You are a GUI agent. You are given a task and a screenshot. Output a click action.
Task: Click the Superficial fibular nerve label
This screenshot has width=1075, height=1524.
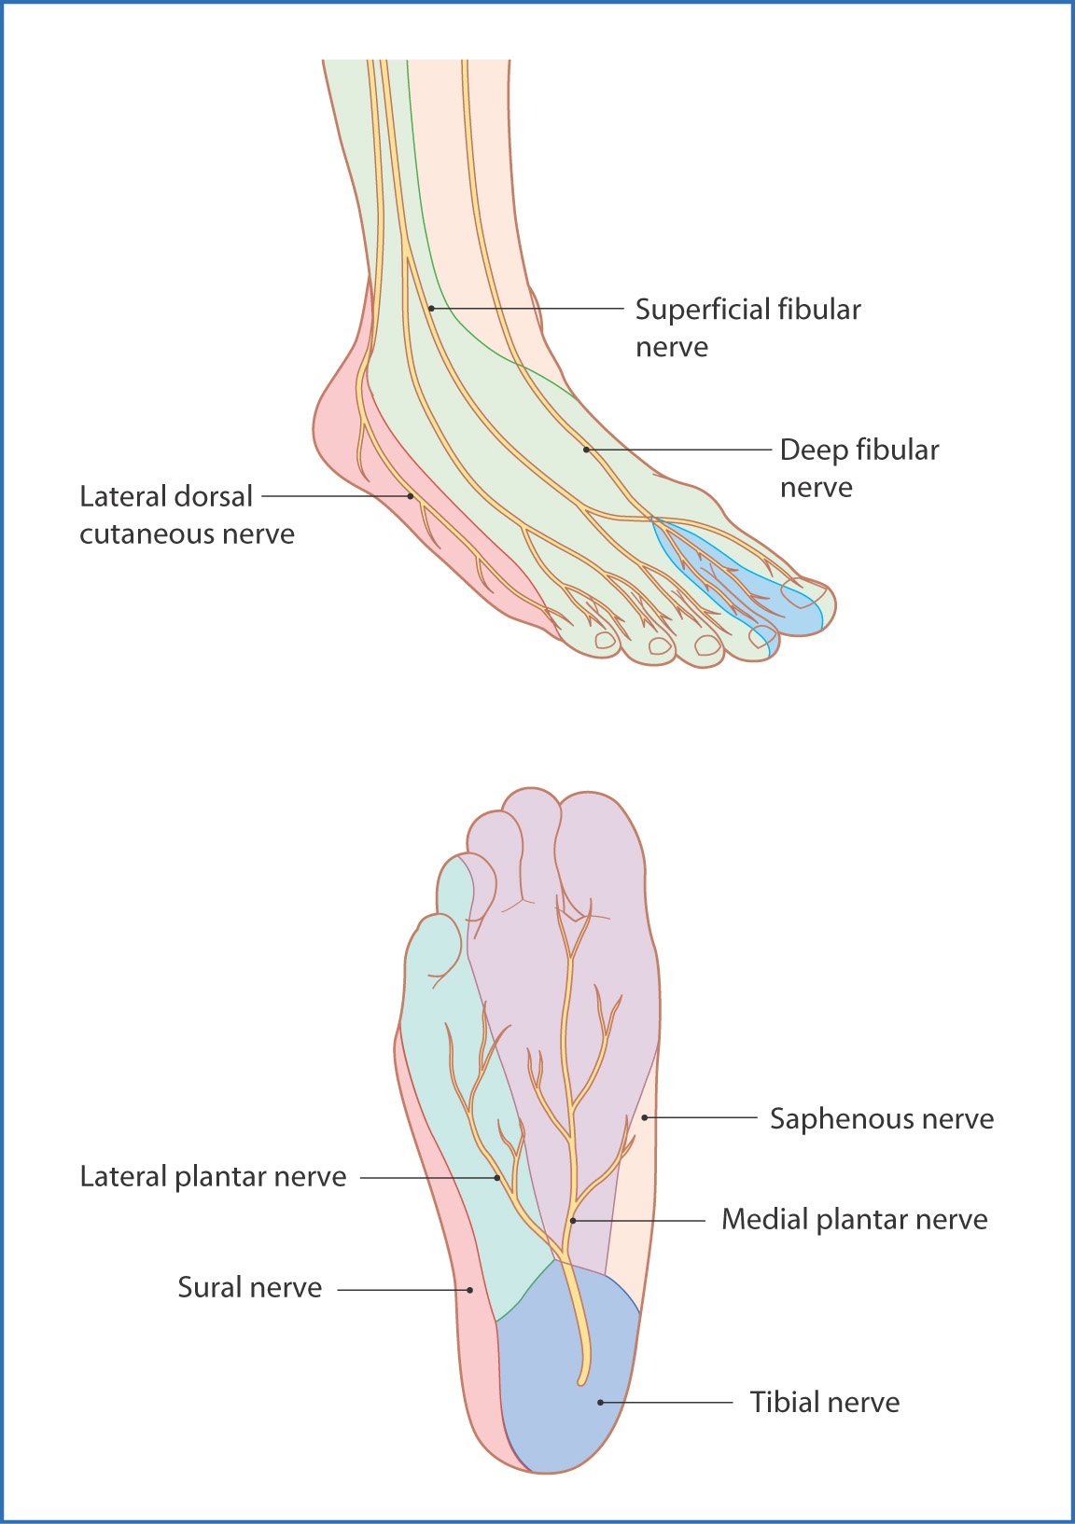(x=747, y=327)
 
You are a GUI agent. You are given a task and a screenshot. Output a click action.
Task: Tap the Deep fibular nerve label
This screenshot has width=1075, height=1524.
(x=859, y=468)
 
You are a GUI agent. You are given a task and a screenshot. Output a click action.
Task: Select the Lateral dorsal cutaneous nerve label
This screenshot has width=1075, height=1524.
(x=187, y=515)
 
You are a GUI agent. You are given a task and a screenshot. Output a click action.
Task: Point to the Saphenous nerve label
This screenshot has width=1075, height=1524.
(x=881, y=1118)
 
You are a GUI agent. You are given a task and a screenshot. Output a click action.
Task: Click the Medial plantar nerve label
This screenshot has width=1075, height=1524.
(x=854, y=1219)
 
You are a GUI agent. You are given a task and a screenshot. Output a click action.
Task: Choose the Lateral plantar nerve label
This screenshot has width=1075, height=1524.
(x=213, y=1176)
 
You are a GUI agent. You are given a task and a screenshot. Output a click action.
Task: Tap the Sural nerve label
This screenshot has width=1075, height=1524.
(x=249, y=1287)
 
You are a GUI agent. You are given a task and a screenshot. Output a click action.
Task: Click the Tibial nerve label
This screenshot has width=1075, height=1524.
(x=825, y=1402)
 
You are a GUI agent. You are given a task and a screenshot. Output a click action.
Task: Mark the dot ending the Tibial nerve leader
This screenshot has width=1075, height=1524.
(x=601, y=1402)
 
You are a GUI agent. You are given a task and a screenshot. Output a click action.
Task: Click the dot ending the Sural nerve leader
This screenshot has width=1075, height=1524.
(x=470, y=1290)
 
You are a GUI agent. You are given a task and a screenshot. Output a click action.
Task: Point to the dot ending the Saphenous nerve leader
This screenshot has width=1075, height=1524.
(x=645, y=1117)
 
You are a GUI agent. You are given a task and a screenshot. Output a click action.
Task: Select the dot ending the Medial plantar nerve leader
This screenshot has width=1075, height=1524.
(x=573, y=1220)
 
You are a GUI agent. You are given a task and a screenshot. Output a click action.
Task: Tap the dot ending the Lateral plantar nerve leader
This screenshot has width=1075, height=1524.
(x=497, y=1178)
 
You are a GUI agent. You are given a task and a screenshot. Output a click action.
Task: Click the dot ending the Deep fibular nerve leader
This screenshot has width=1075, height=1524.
(x=587, y=450)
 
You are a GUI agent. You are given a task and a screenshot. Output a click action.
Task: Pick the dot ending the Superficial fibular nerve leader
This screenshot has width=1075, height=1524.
(x=431, y=308)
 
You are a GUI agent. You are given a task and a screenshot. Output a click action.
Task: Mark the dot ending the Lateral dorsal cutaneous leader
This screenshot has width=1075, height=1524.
(x=411, y=496)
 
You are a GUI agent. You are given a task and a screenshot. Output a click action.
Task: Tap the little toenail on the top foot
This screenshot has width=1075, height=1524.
(x=605, y=640)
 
